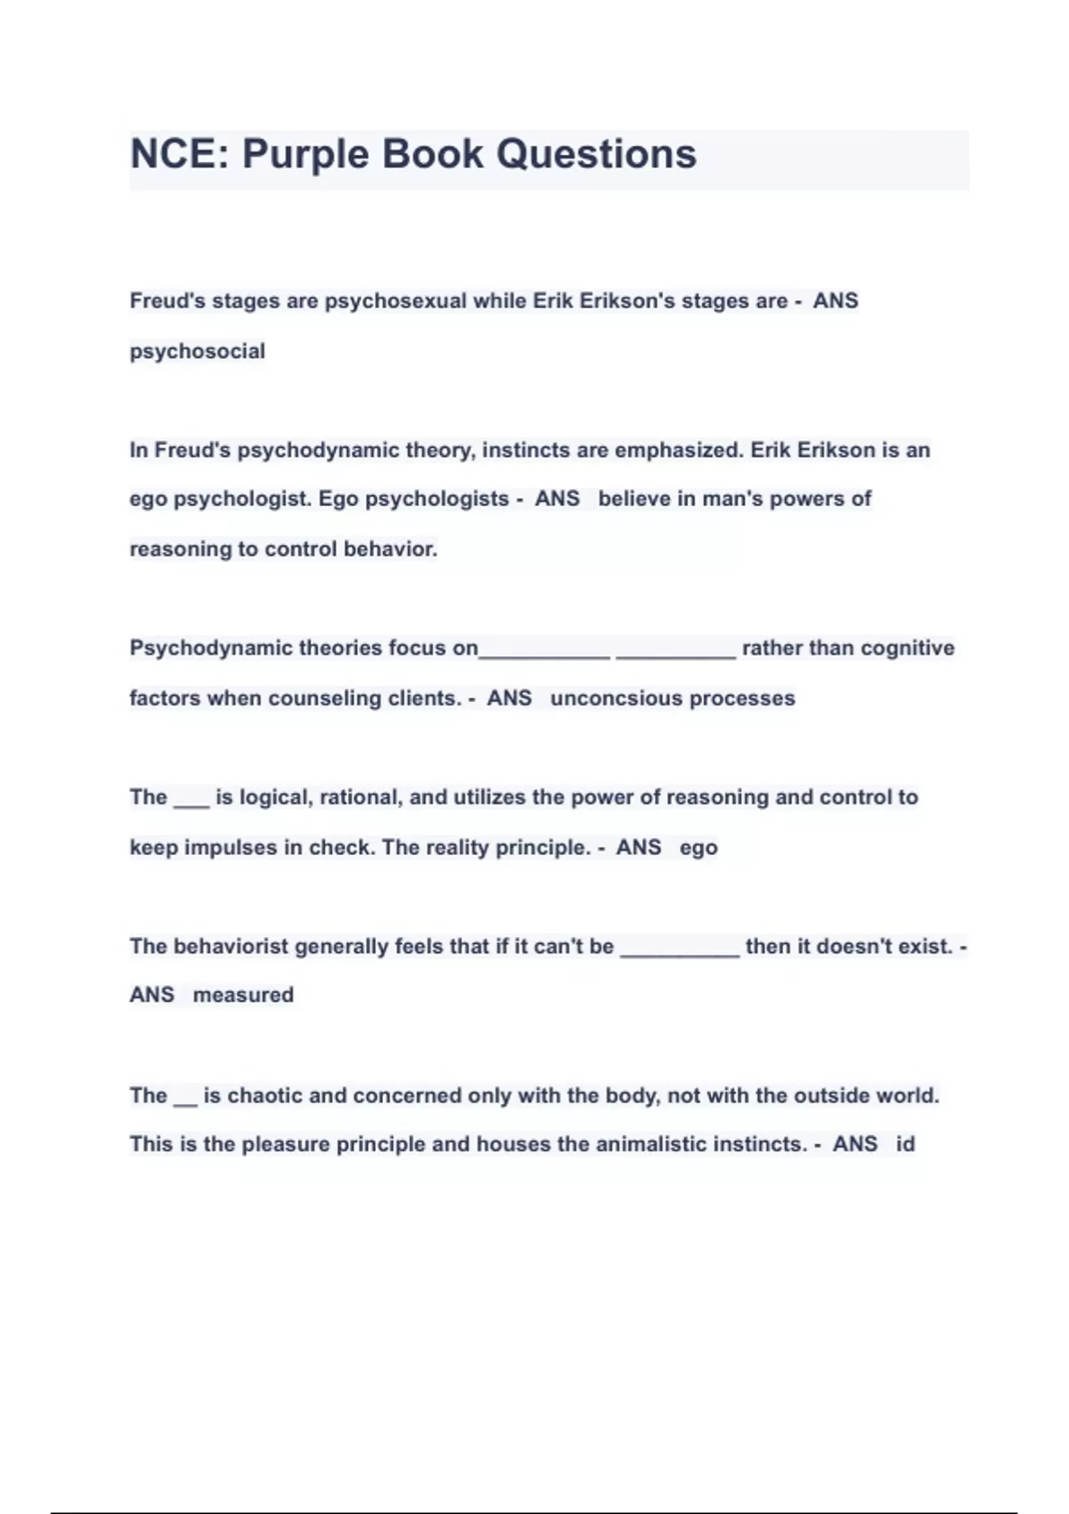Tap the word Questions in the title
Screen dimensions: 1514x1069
pyautogui.click(x=596, y=154)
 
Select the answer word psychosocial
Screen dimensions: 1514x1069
pyautogui.click(x=197, y=352)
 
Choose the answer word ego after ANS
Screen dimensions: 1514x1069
pyautogui.click(x=698, y=848)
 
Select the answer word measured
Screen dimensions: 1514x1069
pyautogui.click(x=243, y=995)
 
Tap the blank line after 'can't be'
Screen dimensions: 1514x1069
pyautogui.click(x=679, y=949)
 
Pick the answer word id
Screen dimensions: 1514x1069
pyautogui.click(x=905, y=1144)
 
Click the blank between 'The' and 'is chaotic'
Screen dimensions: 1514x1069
pyautogui.click(x=185, y=1100)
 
